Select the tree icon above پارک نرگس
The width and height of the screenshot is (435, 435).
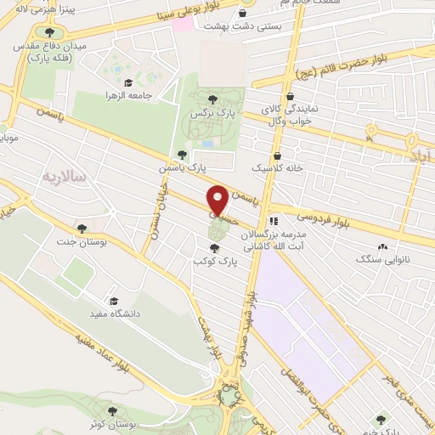pyautogui.click(x=223, y=99)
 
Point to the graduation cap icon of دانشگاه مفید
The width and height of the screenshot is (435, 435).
pyautogui.click(x=113, y=301)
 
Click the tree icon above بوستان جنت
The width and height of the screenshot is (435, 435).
pyautogui.click(x=82, y=228)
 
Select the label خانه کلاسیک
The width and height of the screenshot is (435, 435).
pyautogui.click(x=281, y=168)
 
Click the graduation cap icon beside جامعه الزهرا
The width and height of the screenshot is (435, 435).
pyautogui.click(x=127, y=82)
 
